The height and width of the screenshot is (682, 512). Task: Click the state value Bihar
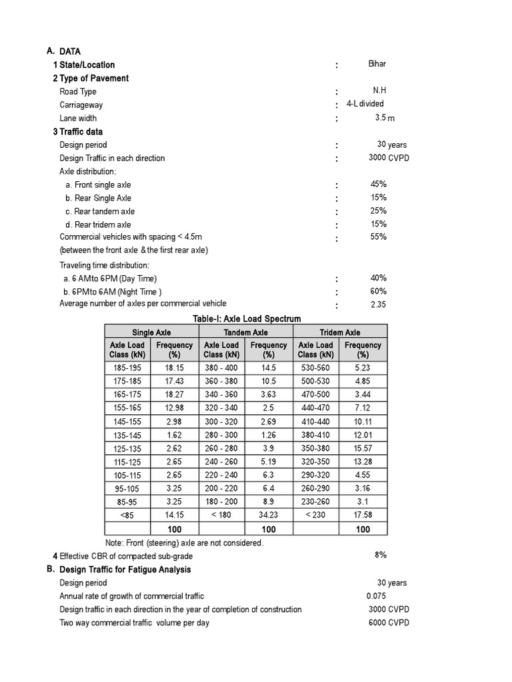point(377,64)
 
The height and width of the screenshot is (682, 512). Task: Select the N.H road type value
point(379,91)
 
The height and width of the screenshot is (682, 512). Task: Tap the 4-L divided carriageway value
point(365,104)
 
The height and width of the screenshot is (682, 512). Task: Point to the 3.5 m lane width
point(385,118)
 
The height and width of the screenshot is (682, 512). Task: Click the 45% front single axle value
point(379,184)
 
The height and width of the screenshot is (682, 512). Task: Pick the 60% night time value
point(379,291)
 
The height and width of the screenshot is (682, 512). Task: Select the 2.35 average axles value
point(378,304)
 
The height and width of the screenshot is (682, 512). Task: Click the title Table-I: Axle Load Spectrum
point(247,319)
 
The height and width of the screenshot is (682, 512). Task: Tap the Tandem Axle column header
point(246,332)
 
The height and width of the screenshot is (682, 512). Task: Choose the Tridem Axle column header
point(340,332)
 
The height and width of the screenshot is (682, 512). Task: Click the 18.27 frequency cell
point(174,394)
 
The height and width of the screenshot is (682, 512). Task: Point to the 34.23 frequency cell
point(269,514)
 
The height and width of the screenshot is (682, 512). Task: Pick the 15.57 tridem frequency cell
point(363,448)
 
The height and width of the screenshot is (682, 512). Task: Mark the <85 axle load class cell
point(127,514)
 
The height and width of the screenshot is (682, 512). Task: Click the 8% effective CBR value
point(381,554)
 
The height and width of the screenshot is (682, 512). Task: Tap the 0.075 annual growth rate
point(376,596)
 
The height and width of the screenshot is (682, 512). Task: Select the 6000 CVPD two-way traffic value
point(389,623)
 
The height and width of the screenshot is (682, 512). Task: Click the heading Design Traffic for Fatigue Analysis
point(125,569)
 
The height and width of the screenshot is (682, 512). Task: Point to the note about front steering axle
point(185,543)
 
